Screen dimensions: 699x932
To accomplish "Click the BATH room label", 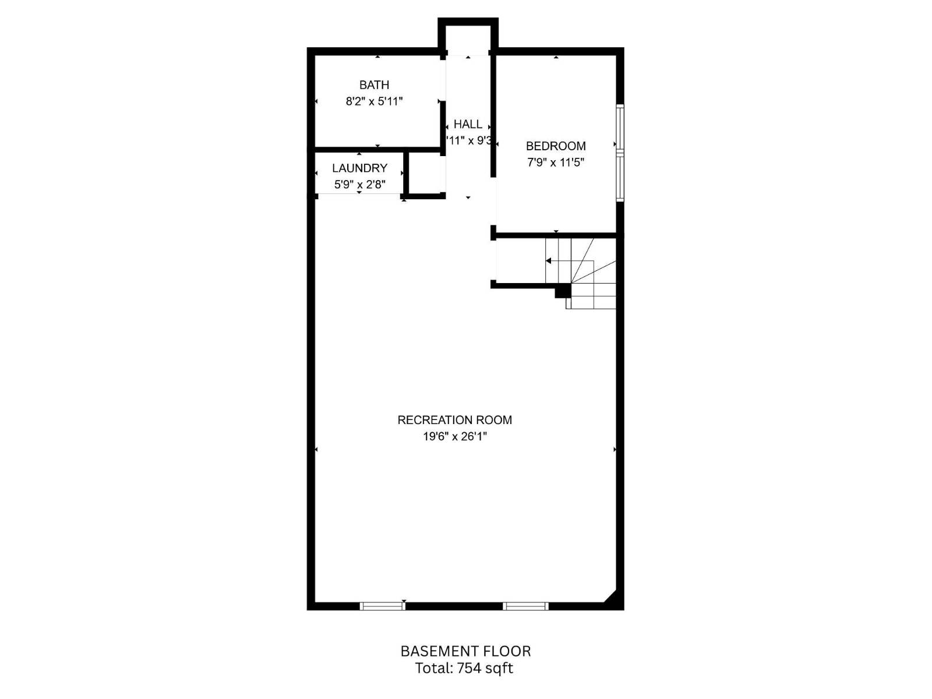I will (374, 85).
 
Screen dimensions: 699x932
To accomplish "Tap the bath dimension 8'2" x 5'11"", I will (374, 101).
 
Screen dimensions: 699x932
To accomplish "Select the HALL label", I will (468, 124).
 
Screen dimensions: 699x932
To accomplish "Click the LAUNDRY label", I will (359, 168).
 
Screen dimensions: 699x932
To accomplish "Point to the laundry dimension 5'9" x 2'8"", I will (359, 185).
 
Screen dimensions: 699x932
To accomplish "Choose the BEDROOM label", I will (556, 146).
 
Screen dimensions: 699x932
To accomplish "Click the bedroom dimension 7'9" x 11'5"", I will (556, 163).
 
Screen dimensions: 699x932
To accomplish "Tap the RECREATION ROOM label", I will (454, 420).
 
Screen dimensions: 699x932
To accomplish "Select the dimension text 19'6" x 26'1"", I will (454, 436).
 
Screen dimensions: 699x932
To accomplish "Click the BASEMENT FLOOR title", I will (465, 651).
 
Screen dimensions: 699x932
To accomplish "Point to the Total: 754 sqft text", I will (464, 668).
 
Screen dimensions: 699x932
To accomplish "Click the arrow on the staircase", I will (549, 261).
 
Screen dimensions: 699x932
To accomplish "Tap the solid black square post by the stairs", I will (562, 291).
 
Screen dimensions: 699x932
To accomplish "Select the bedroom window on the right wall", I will (620, 153).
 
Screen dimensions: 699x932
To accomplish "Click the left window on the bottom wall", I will (382, 606).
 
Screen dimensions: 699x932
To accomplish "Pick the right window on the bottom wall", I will (525, 606).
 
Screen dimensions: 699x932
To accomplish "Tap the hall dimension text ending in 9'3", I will (469, 140).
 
